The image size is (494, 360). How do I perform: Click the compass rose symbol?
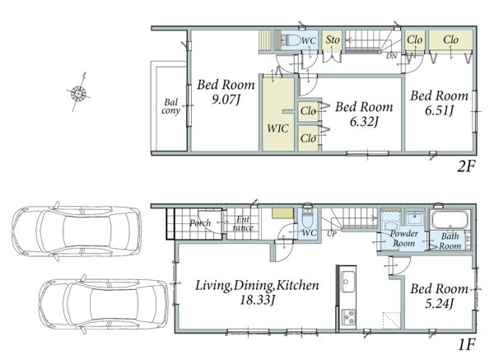click(x=78, y=93)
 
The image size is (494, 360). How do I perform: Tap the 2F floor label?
click(x=466, y=166)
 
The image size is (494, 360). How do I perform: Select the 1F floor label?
click(x=466, y=344)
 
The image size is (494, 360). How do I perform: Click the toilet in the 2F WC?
click(x=291, y=40)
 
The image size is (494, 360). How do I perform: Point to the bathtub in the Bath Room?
click(x=450, y=219)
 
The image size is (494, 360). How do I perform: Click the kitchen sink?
click(x=348, y=282)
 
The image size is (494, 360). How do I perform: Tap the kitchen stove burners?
click(x=348, y=317)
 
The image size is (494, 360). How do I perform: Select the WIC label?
click(x=277, y=129)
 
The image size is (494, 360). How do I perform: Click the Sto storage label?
click(x=333, y=40)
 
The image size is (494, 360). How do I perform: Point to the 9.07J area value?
click(x=226, y=100)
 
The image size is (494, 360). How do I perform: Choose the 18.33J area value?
click(x=258, y=300)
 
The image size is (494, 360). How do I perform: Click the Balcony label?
click(x=170, y=106)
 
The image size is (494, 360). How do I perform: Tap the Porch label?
click(x=200, y=223)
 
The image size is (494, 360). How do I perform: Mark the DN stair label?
click(x=392, y=56)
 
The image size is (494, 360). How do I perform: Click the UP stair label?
click(x=332, y=234)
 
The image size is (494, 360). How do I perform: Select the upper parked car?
click(x=77, y=231)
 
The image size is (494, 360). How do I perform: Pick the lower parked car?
click(x=104, y=304)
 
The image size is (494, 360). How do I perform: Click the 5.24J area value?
click(x=439, y=304)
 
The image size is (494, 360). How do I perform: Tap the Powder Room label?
click(x=404, y=239)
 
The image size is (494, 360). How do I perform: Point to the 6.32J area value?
click(x=364, y=121)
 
